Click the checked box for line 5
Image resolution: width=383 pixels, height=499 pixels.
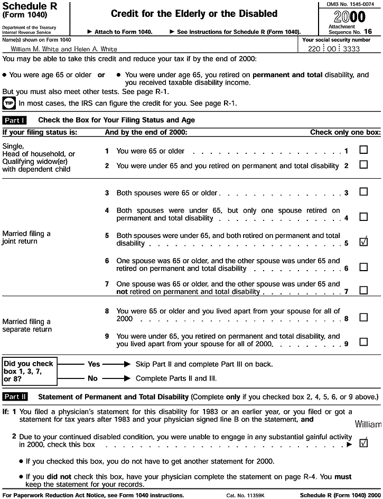(x=363, y=243)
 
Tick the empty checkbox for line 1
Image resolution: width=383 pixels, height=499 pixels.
(x=363, y=150)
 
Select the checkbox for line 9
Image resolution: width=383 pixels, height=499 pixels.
(x=363, y=342)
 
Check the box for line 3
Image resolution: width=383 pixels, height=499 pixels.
(x=363, y=192)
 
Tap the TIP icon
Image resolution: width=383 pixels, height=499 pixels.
(x=9, y=103)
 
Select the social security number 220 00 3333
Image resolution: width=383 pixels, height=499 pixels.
(x=340, y=48)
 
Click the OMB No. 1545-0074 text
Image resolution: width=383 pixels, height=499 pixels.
(x=349, y=4)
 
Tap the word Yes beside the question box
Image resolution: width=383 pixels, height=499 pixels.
(x=94, y=364)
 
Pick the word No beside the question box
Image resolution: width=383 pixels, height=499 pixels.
(x=92, y=378)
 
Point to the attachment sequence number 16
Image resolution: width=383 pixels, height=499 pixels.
(x=368, y=32)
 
